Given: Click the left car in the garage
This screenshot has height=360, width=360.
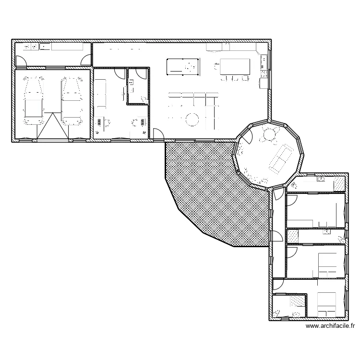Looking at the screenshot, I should coord(34,102).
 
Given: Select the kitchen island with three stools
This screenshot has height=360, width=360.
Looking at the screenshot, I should coord(235,66).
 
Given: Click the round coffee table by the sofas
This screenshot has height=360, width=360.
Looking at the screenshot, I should coord(192,118).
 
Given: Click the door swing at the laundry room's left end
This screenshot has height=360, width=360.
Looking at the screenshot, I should coord(21,60).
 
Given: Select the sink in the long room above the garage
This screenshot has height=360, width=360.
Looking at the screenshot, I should coord(45,47).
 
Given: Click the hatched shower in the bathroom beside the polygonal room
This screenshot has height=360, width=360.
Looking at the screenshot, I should coord(339,183).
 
